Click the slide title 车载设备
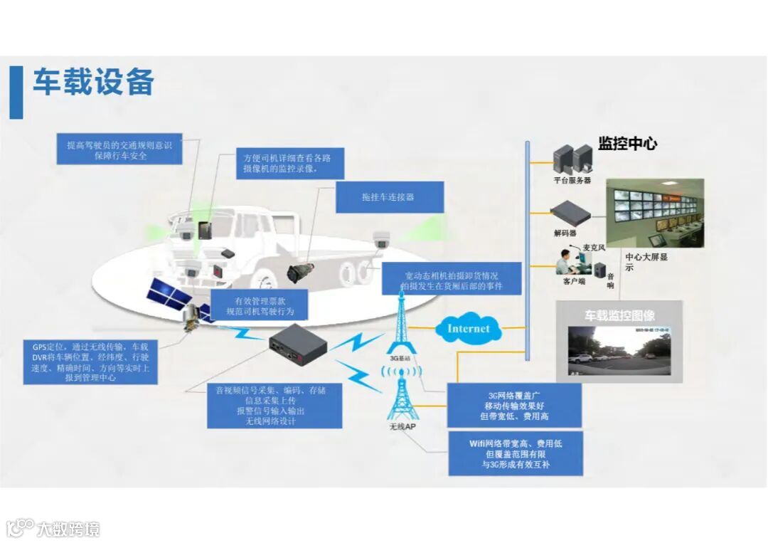94,83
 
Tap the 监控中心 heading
627,144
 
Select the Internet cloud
468,329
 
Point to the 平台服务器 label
572,181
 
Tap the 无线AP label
402,427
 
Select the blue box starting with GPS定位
90,362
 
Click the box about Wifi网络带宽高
515,454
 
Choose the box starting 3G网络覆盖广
513,406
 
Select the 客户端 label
573,282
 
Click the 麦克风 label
593,248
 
